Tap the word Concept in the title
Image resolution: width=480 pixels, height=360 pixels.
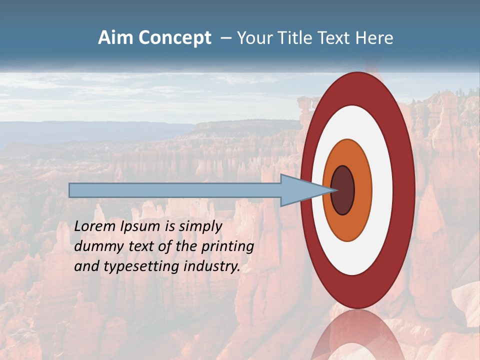pos(175,38)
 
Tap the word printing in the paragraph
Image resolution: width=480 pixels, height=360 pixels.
pos(228,246)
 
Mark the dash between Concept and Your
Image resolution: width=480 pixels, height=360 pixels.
pos(225,38)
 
